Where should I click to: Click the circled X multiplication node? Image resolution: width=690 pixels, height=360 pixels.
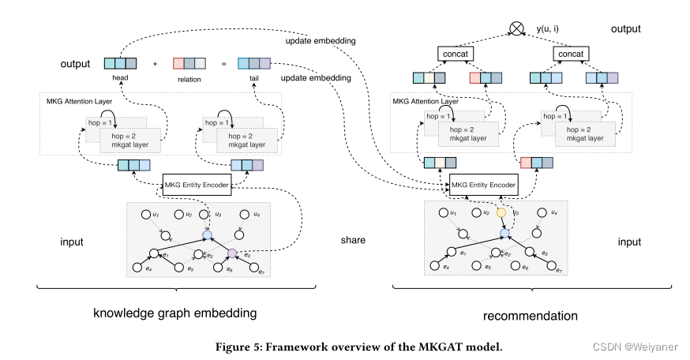(x=516, y=29)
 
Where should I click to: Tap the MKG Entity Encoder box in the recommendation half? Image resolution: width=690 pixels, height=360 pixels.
(x=482, y=186)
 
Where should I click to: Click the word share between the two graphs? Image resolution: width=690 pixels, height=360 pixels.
(x=353, y=240)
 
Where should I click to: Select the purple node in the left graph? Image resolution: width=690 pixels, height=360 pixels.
(x=232, y=253)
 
